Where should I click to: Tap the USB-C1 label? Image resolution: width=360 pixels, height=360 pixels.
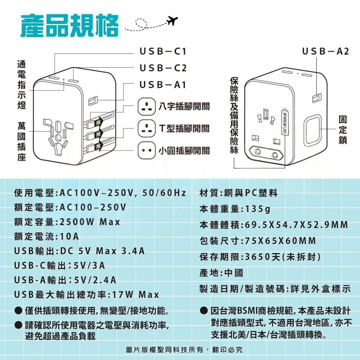163,51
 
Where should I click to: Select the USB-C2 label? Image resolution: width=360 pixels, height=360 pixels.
163,68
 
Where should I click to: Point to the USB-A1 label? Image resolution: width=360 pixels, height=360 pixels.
163,85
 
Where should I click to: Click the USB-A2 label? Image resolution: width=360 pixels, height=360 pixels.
325,51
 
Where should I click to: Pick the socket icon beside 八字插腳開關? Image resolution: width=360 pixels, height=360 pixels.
147,106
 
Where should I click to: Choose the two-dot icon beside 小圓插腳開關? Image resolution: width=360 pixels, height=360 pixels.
147,150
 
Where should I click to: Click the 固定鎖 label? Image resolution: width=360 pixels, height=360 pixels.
343,130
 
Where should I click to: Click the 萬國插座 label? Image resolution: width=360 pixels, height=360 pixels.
22,141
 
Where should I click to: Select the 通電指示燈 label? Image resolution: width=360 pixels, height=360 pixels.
22,85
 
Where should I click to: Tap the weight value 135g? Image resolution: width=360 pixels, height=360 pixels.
258,209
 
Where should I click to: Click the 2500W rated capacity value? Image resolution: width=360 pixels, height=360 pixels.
77,222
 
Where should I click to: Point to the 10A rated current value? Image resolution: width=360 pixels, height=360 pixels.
69,237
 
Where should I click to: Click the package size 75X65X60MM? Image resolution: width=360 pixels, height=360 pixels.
280,241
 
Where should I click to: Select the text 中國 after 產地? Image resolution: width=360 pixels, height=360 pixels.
234,273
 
